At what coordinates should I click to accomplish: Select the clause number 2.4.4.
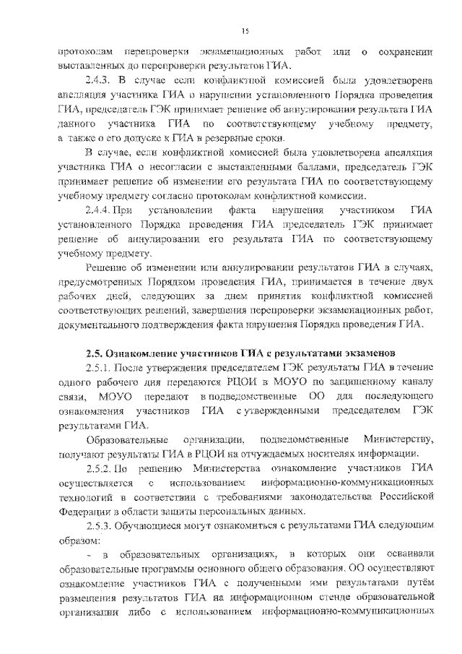[x=99, y=210]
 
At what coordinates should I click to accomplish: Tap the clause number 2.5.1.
[x=99, y=369]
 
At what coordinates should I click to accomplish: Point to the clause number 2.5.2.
[x=99, y=468]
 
